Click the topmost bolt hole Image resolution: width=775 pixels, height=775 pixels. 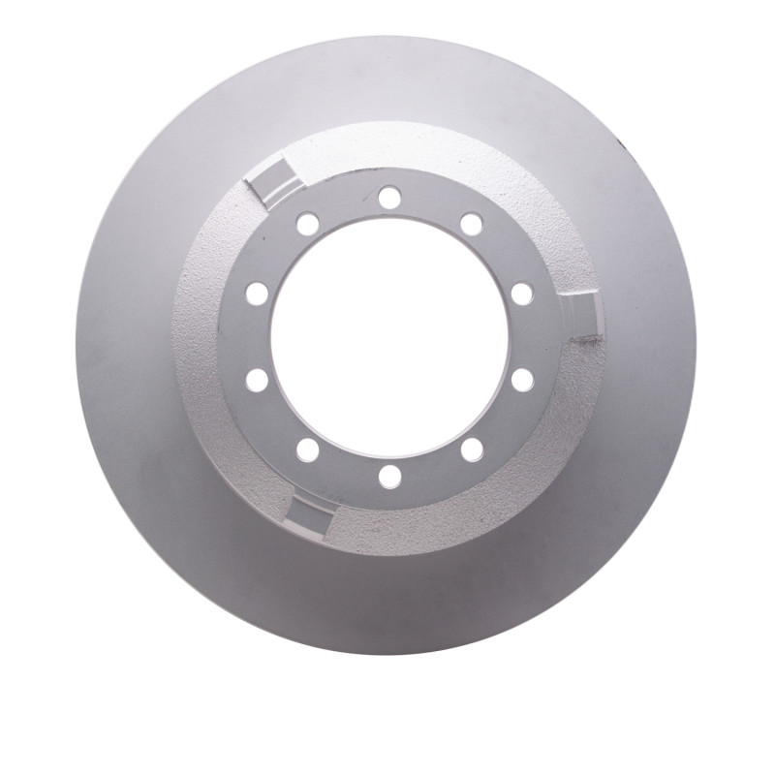[389, 198]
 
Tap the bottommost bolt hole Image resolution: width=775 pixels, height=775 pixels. [389, 476]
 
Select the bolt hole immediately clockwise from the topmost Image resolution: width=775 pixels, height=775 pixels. [472, 224]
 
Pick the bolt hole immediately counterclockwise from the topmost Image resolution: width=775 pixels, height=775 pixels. [308, 224]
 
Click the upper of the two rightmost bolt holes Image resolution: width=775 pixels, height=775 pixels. [522, 294]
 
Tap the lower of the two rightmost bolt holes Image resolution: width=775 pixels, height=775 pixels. [522, 380]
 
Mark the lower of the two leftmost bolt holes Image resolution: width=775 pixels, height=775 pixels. [257, 380]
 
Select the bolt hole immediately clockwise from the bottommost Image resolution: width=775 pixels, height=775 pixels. [308, 449]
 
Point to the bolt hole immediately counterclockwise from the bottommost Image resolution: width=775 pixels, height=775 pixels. [472, 449]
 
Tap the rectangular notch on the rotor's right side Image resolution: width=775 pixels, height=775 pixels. [585, 316]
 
